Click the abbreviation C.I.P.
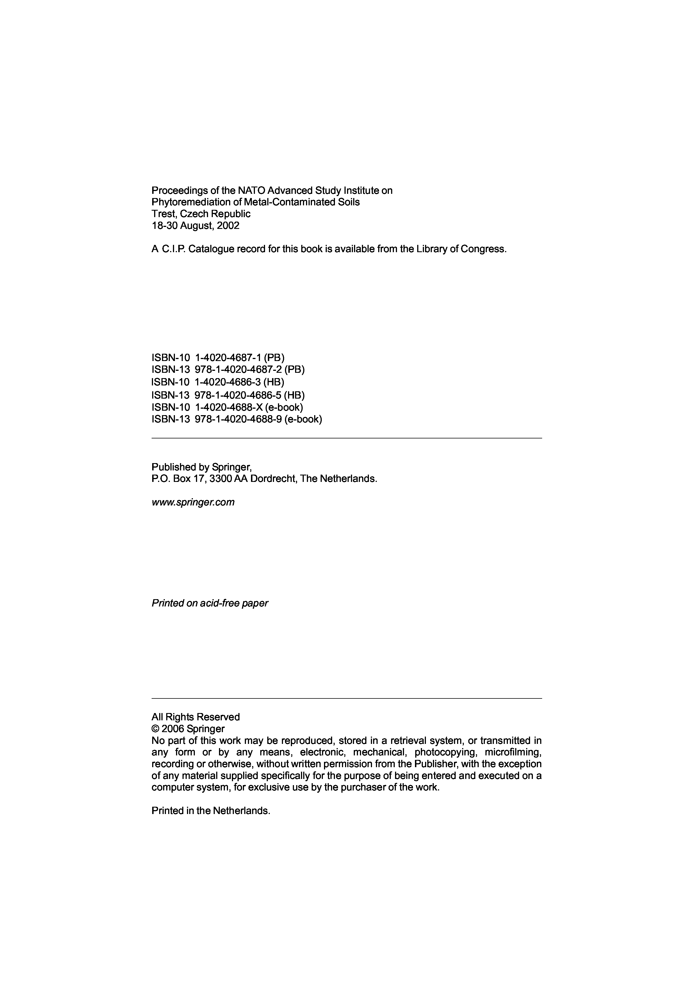point(173,249)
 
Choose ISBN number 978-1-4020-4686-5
point(238,395)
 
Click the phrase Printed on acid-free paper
point(210,603)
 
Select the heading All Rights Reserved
point(196,717)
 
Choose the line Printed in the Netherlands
point(211,811)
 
